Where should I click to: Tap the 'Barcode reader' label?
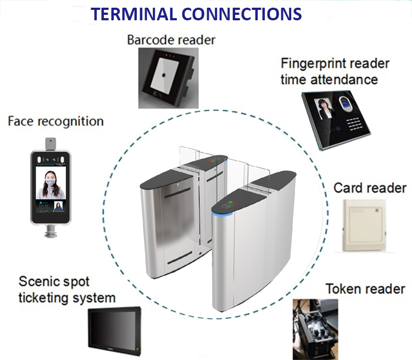(x=171, y=40)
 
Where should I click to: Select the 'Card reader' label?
(x=370, y=188)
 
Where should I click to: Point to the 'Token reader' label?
(x=365, y=289)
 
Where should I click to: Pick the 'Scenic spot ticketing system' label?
(x=68, y=289)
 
